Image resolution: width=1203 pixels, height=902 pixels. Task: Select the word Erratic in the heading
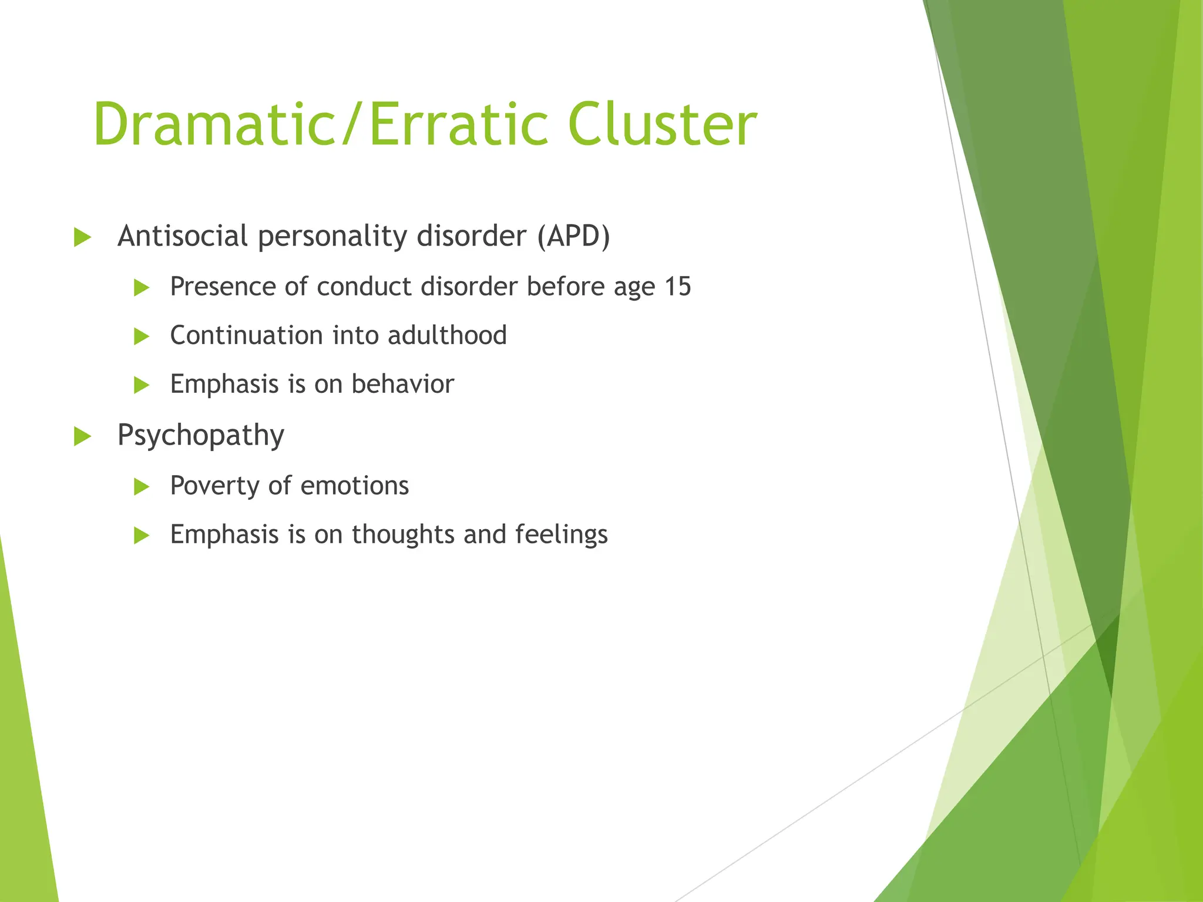[458, 125]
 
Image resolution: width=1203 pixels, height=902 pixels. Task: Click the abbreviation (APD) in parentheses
[573, 237]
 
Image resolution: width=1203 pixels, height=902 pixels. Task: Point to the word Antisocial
[182, 237]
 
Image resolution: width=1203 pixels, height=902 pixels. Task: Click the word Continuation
[246, 335]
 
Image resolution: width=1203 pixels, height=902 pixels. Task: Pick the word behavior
[402, 384]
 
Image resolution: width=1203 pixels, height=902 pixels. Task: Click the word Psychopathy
[201, 436]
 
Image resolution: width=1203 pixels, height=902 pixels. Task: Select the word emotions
[354, 486]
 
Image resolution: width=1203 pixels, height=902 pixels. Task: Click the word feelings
[561, 535]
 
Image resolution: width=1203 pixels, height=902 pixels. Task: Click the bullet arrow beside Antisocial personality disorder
[82, 238]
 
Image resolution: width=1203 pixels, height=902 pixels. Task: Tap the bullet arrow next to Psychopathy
[82, 437]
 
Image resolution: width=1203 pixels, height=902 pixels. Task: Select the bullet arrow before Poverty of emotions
[141, 486]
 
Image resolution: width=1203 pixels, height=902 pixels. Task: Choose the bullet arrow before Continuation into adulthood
[141, 336]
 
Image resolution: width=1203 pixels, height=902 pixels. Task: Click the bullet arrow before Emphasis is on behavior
[141, 385]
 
